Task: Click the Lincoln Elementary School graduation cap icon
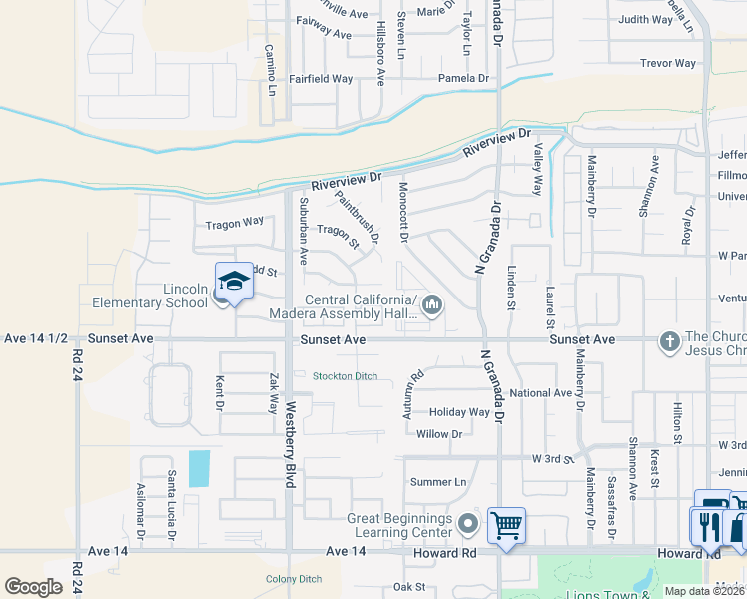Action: pyautogui.click(x=234, y=282)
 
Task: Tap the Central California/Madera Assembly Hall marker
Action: pyautogui.click(x=432, y=305)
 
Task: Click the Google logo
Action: pyautogui.click(x=33, y=586)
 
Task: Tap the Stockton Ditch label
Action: pyautogui.click(x=345, y=376)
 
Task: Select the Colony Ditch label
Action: pyautogui.click(x=293, y=579)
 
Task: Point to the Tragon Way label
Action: pyautogui.click(x=234, y=222)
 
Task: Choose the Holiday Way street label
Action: pyautogui.click(x=459, y=412)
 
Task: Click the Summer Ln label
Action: pyautogui.click(x=438, y=482)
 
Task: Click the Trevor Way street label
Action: pyautogui.click(x=668, y=63)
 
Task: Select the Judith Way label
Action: pyautogui.click(x=645, y=19)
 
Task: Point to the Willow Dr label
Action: pyautogui.click(x=439, y=434)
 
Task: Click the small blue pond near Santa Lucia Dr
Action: pyautogui.click(x=200, y=468)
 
